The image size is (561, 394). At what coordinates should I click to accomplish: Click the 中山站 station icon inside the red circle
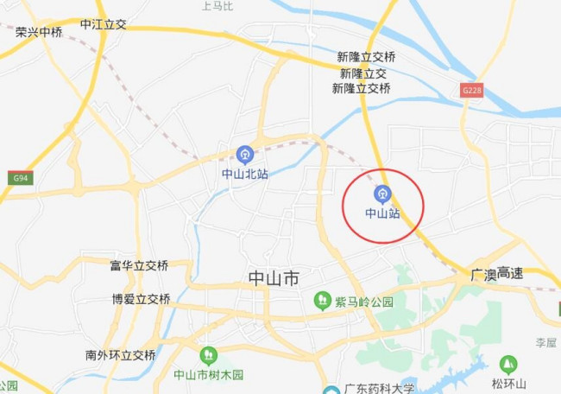(x=382, y=194)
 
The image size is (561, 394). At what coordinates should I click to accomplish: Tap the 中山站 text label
(x=382, y=212)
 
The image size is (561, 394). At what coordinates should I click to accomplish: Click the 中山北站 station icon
(x=245, y=155)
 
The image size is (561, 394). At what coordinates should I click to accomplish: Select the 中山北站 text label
(x=245, y=174)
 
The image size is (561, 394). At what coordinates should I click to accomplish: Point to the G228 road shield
(x=471, y=90)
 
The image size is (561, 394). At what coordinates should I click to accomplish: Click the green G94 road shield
(x=21, y=178)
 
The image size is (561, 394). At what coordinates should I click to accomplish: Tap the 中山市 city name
(x=274, y=278)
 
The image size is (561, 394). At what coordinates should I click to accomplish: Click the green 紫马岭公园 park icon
(x=322, y=301)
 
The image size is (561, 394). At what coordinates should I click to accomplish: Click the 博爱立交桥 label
(x=141, y=299)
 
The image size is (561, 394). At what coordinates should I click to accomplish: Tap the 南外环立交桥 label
(x=121, y=354)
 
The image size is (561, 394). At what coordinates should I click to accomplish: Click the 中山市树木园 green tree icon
(x=208, y=355)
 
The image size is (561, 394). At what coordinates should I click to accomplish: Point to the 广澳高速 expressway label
(x=497, y=273)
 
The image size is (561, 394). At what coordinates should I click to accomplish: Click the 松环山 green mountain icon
(x=508, y=364)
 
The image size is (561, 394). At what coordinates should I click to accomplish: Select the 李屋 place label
(x=545, y=342)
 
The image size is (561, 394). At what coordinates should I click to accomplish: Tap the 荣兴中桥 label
(x=39, y=32)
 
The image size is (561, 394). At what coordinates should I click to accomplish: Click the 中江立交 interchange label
(x=103, y=24)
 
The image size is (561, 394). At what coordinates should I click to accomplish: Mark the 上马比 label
(x=217, y=6)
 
